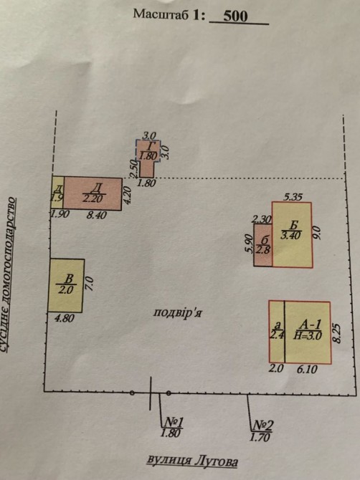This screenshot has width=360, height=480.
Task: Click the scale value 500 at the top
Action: pos(235,16)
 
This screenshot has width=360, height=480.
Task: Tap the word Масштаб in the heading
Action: pos(161,14)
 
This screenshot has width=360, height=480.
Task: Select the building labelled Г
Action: pos(147,158)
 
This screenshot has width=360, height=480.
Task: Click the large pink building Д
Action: pos(93,193)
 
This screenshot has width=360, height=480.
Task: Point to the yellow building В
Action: pos(65,285)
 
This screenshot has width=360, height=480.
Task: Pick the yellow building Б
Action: pos(292,234)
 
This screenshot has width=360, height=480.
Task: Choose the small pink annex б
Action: pos(263,245)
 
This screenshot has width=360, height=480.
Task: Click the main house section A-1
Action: pos(308,332)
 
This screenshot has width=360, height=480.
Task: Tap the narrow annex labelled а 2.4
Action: pos(277,332)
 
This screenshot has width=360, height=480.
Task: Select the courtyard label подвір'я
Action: pos(177,312)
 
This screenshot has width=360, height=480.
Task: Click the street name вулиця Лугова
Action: pos(192,461)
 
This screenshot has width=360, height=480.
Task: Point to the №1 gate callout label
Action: pos(173,427)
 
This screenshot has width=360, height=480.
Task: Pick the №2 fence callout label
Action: pos(262,431)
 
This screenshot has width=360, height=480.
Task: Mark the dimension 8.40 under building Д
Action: pos(96,215)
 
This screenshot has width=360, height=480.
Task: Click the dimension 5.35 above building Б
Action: pos(293,197)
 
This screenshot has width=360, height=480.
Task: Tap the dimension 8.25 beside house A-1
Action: pos(336,333)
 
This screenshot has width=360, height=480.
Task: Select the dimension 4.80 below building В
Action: pos(65,318)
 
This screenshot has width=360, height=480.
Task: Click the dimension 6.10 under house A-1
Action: pos(307,369)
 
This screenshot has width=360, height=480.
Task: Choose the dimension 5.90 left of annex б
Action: pos(250,244)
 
